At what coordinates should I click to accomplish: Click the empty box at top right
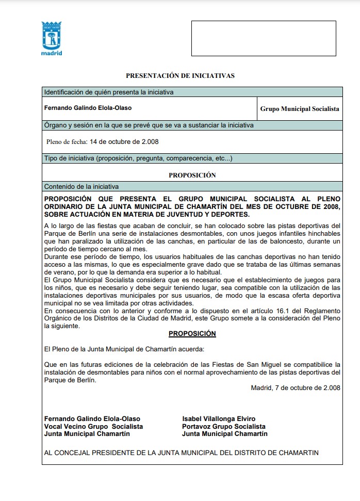point(263,38)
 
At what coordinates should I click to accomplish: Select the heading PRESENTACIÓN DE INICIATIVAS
point(180,76)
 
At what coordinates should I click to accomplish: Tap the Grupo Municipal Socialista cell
point(299,109)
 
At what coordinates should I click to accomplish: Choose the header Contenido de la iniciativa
point(81,186)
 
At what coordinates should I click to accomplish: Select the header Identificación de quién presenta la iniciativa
point(108,92)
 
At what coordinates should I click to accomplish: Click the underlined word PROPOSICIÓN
point(192,334)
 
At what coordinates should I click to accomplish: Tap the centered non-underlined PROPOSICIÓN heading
point(192,175)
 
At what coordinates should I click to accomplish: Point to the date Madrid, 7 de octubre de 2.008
point(296,387)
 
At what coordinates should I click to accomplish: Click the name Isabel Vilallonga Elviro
point(219,418)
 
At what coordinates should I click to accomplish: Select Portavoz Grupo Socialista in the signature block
point(223,426)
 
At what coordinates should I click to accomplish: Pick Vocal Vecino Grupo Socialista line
point(93,426)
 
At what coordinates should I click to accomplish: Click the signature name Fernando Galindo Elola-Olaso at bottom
point(92,418)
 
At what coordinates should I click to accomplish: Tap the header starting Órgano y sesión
point(149,125)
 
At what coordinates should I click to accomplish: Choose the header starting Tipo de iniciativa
point(138,158)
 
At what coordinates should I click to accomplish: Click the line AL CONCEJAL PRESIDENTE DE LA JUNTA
point(182,452)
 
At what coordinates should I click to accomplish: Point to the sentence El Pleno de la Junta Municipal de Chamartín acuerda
point(117,349)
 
